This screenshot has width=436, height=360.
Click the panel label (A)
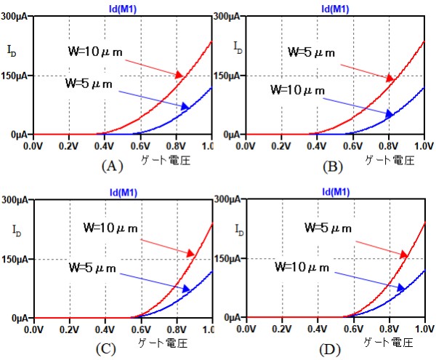point(110,165)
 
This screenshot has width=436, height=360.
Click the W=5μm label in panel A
point(89,84)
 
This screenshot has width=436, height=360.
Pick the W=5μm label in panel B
point(313,52)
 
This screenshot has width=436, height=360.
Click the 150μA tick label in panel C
point(16,259)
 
